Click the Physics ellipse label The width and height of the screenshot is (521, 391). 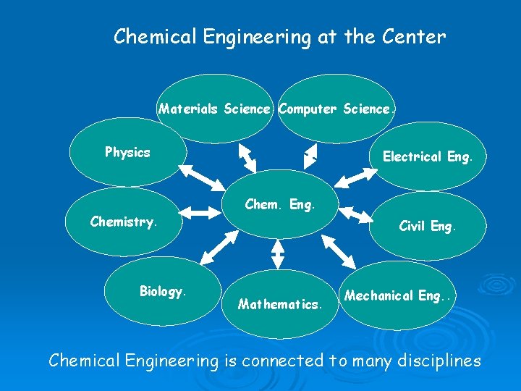pyautogui.click(x=127, y=152)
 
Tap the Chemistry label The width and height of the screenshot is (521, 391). pyautogui.click(x=123, y=222)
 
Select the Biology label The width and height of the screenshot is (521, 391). pyautogui.click(x=163, y=291)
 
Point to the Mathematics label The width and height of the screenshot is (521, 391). pyautogui.click(x=279, y=304)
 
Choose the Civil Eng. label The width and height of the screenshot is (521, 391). pyautogui.click(x=428, y=226)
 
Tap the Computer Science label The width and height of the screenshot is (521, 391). pyautogui.click(x=336, y=109)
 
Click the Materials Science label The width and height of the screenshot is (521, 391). pyautogui.click(x=215, y=109)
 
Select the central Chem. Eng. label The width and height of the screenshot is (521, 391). pyautogui.click(x=280, y=204)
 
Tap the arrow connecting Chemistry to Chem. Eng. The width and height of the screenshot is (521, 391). pyautogui.click(x=204, y=212)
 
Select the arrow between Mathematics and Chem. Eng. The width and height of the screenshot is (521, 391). pyautogui.click(x=278, y=253)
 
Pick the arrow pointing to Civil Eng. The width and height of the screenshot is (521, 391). pyautogui.click(x=355, y=214)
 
